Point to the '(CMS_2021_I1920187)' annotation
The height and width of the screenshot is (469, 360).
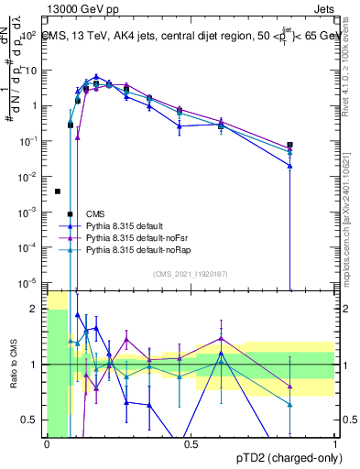[191, 274]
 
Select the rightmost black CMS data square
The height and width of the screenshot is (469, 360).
[289, 145]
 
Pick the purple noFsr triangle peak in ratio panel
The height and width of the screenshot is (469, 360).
[220, 338]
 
